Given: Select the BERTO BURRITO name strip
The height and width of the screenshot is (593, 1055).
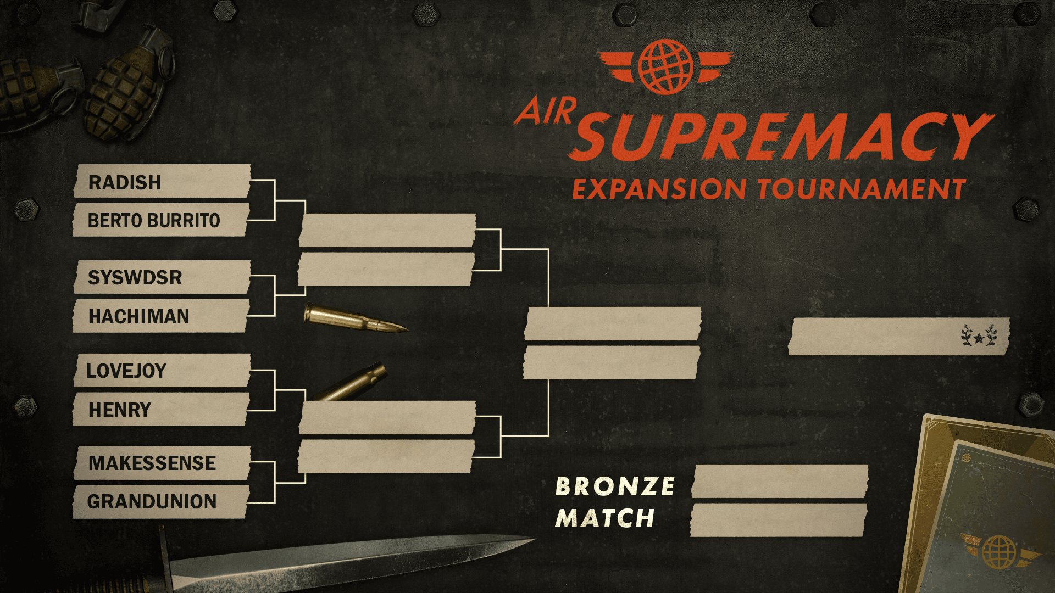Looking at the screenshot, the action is [x=161, y=220].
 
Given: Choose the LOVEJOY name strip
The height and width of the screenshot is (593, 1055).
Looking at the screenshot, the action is [x=162, y=371].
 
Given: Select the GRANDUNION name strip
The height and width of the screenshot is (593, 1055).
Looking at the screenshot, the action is [x=161, y=502].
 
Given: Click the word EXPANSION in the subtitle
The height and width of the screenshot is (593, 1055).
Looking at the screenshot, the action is [x=659, y=189].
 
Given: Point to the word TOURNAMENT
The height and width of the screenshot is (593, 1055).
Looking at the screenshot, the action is [x=862, y=189].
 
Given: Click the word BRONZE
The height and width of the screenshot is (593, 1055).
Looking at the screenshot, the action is [x=615, y=486].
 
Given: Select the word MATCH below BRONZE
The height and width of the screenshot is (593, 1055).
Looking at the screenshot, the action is [x=605, y=518].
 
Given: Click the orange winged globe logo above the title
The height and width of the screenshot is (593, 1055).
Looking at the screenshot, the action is [x=665, y=66].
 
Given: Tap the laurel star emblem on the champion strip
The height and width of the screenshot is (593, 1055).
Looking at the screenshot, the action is [x=979, y=335].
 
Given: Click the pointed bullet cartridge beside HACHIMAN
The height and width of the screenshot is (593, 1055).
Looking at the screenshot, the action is [x=356, y=319].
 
